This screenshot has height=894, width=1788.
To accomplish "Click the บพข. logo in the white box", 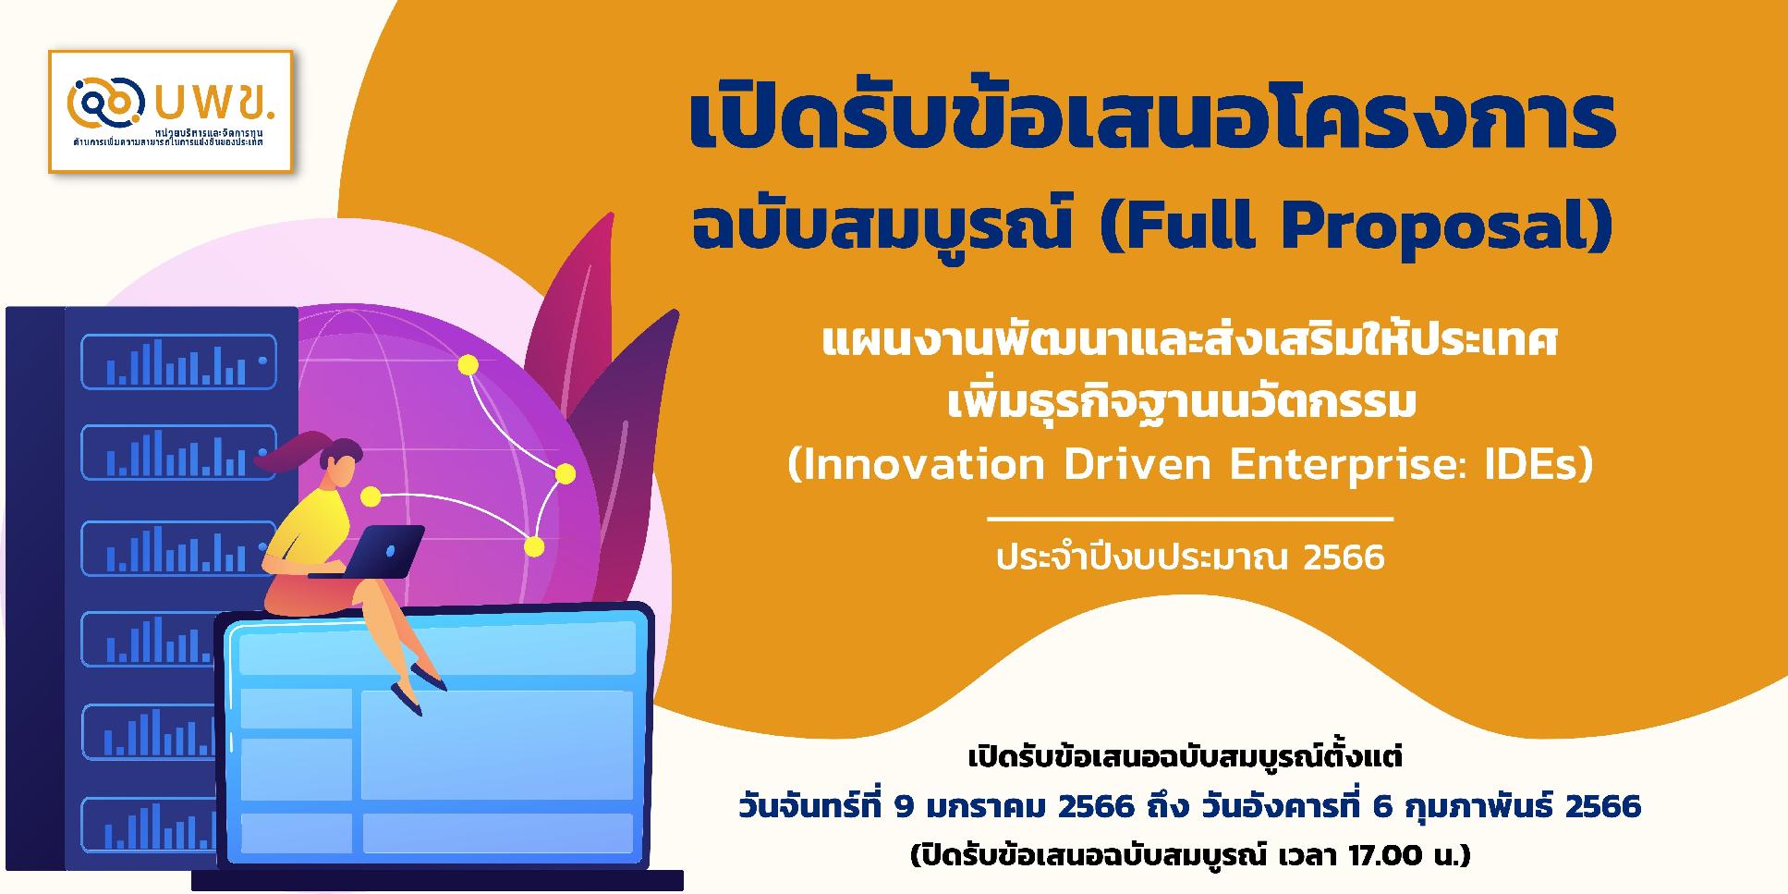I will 171,111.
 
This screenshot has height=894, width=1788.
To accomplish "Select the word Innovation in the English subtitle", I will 916,465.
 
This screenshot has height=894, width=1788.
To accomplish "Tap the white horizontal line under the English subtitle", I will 1189,520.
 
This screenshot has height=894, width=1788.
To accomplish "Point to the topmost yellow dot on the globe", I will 468,365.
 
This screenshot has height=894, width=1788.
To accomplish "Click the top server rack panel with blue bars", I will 178,361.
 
